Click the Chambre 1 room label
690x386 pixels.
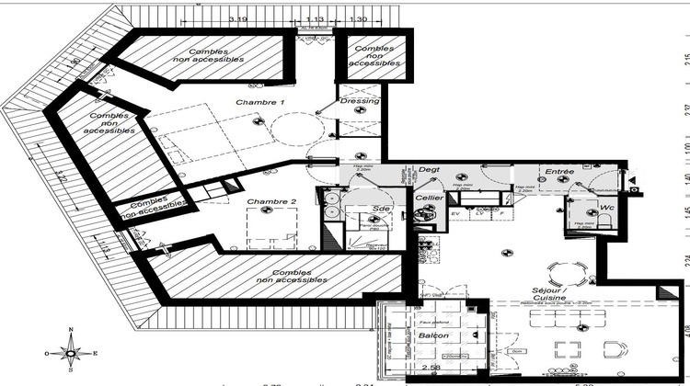click(x=260, y=102)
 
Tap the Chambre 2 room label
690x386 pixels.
click(x=271, y=201)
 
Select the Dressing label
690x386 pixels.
click(x=359, y=101)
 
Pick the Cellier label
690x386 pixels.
click(x=429, y=198)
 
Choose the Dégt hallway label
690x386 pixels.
click(x=430, y=170)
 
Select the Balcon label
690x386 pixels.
click(x=432, y=335)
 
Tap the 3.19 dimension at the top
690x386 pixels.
click(x=238, y=19)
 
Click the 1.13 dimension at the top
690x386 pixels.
click(x=315, y=19)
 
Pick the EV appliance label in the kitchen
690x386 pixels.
click(x=455, y=214)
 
